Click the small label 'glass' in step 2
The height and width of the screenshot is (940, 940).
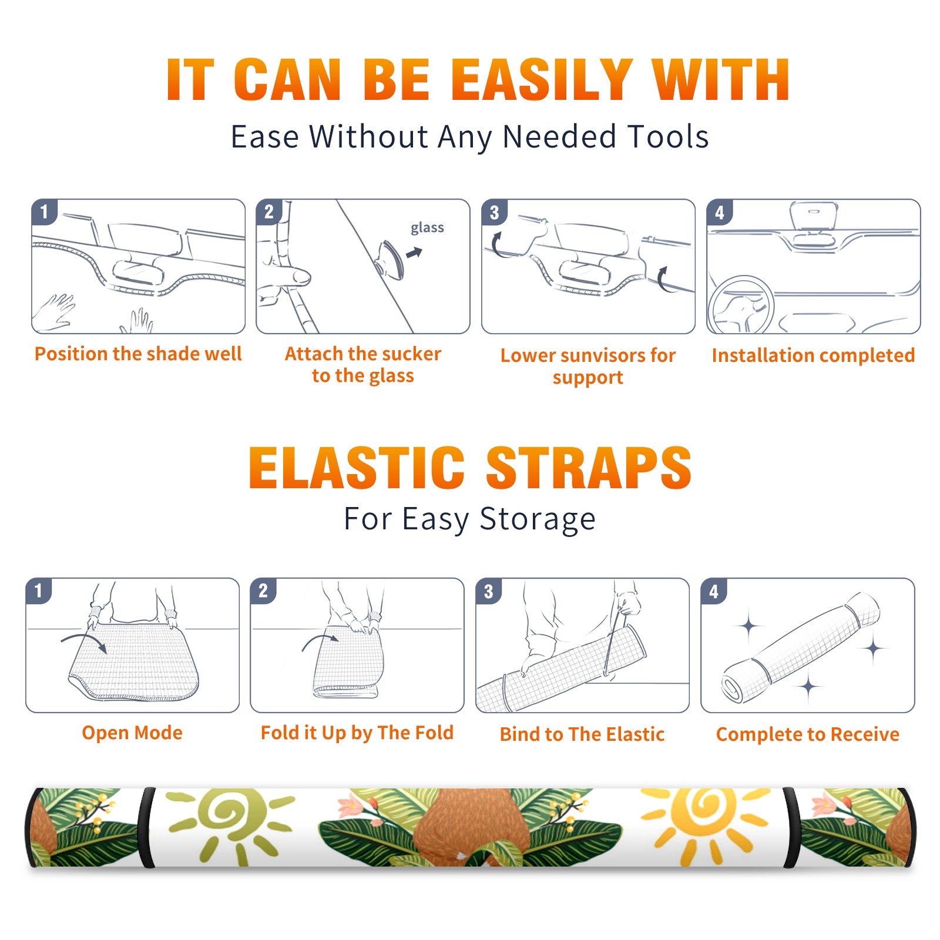tap(427, 228)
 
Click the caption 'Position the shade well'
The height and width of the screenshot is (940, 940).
tap(138, 354)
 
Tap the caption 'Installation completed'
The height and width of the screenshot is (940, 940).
tap(813, 355)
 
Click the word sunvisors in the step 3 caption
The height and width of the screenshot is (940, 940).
tap(603, 355)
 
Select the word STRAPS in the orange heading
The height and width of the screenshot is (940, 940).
tap(589, 468)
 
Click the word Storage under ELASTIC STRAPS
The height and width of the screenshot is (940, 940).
tap(538, 519)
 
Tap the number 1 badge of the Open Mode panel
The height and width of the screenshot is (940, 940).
tap(39, 590)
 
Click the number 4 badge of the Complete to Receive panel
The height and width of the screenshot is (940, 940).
tap(714, 591)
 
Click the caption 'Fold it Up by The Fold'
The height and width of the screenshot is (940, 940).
tap(357, 733)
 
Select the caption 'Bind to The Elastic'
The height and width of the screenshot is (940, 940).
tap(582, 734)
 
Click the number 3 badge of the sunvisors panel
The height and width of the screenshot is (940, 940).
tap(494, 212)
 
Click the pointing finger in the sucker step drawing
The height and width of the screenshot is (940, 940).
tap(287, 276)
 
